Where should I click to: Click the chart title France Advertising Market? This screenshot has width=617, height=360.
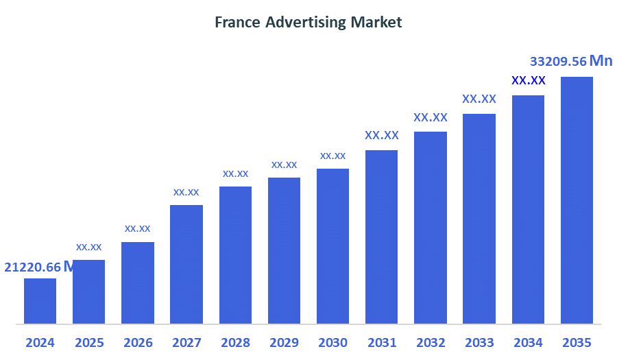308,22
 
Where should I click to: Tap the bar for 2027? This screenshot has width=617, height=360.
186,264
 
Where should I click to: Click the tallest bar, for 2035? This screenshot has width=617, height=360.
577,200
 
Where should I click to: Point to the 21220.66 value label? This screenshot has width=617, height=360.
33,267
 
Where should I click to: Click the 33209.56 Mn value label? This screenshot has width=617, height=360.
571,62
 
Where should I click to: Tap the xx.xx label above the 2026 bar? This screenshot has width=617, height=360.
137,228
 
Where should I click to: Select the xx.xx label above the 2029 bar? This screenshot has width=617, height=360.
284,165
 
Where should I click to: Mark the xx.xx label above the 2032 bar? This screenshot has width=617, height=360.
431,117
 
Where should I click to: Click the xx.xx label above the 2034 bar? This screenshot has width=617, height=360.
529,80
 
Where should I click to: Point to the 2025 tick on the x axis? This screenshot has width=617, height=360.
89,342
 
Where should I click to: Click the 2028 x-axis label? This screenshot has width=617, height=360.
235,342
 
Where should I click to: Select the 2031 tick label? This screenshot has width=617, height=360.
382,342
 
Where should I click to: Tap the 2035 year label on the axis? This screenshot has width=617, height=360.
577,342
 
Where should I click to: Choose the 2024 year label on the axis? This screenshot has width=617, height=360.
40,342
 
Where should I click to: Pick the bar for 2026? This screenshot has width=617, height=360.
137,283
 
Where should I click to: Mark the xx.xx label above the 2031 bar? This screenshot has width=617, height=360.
382,135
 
